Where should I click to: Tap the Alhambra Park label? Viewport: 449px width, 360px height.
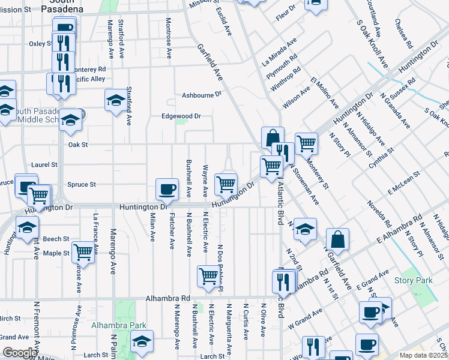[119, 326]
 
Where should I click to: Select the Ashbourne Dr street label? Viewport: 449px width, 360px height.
[202, 95]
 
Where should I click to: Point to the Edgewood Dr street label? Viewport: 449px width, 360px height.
[180, 116]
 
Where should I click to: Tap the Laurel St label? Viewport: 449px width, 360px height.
[45, 164]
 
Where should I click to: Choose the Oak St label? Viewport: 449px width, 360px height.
[78, 145]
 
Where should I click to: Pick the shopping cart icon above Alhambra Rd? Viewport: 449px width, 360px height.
[208, 276]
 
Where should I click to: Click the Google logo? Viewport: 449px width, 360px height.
[20, 353]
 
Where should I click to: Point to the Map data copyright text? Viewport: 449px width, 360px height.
[424, 355]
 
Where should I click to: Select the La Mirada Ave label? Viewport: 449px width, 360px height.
[280, 52]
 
